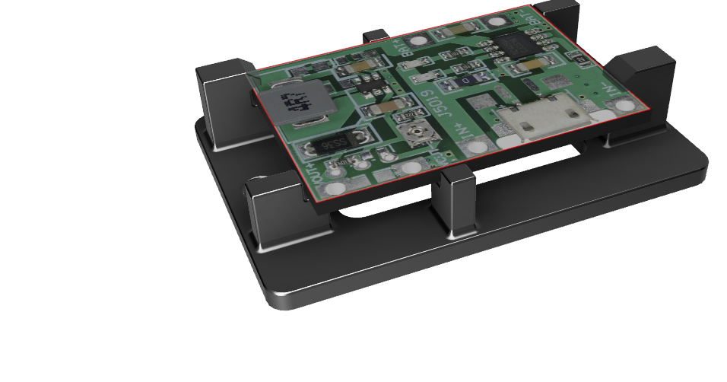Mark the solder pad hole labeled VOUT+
pos(333,188)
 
